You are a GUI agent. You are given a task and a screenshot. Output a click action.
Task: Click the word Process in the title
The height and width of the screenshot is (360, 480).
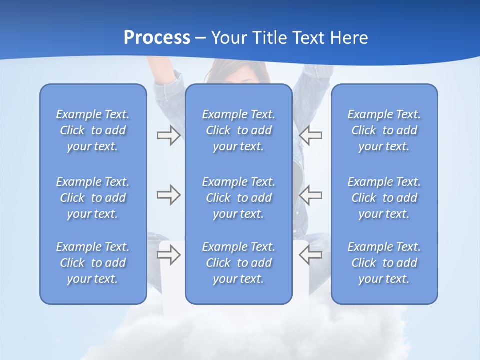157,38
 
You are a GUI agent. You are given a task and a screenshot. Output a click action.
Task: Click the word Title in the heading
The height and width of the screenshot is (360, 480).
269,38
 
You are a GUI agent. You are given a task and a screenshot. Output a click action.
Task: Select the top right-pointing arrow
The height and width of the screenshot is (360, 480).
168,135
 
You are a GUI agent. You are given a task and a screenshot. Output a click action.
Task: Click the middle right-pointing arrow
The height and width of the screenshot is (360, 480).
168,195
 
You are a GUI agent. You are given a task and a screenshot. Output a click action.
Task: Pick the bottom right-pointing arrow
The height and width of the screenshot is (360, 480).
168,255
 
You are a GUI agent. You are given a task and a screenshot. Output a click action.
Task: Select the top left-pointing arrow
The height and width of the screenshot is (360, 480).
311,135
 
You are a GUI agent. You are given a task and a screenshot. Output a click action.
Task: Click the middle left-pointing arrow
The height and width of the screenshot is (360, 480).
311,195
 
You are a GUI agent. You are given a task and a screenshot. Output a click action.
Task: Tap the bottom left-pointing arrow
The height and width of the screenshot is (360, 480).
311,255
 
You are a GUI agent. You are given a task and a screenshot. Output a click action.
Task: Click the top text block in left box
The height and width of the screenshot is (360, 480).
93,130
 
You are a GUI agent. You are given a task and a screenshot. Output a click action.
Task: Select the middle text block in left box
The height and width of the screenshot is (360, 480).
93,198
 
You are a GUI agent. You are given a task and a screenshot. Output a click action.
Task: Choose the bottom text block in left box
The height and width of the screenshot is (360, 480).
93,263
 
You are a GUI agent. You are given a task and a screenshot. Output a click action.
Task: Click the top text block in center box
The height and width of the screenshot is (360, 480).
239,130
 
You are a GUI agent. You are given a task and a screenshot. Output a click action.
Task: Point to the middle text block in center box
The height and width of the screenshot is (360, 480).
239,198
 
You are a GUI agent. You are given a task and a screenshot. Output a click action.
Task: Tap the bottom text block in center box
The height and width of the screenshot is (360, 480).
239,263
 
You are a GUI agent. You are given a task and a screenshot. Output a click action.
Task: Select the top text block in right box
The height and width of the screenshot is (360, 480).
384,130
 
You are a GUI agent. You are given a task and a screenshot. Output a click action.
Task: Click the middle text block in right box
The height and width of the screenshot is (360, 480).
384,198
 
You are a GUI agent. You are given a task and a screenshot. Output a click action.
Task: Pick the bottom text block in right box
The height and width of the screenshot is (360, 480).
384,263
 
